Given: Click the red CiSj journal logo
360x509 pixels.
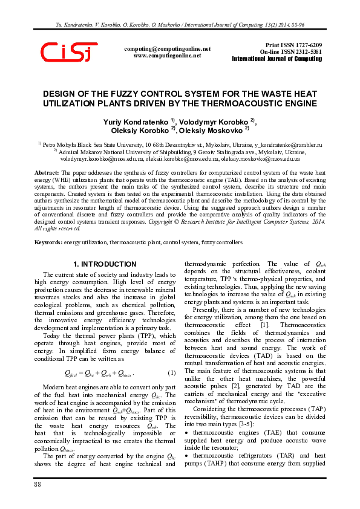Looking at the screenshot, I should click(x=68, y=53).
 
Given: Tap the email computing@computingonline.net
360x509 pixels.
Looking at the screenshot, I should click(x=167, y=48).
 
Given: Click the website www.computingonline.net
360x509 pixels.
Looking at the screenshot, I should click(x=167, y=55).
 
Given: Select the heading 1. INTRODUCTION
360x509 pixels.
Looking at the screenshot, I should click(x=101, y=265).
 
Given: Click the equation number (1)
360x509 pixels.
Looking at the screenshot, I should click(x=171, y=372).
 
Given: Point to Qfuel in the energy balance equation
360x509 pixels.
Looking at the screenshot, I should click(x=71, y=372).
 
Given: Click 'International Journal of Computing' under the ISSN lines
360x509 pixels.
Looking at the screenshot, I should click(x=277, y=59).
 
